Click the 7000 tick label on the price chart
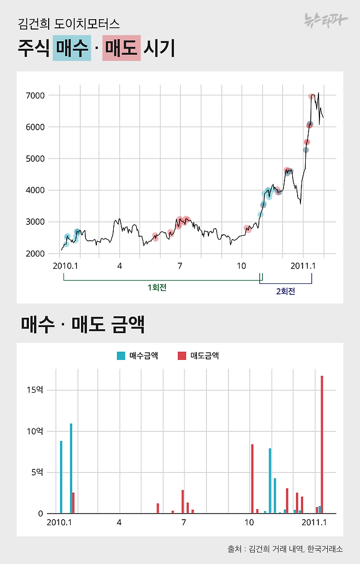[x=36, y=96]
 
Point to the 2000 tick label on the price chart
[x=36, y=254]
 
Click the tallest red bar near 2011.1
[x=322, y=444]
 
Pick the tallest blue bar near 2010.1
[x=71, y=468]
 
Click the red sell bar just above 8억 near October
[x=252, y=479]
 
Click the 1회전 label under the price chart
[x=157, y=287]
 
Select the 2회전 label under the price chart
[x=286, y=292]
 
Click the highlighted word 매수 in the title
[x=72, y=48]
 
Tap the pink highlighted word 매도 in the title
[x=121, y=48]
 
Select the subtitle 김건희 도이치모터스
[x=68, y=24]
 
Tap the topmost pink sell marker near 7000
[x=311, y=97]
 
